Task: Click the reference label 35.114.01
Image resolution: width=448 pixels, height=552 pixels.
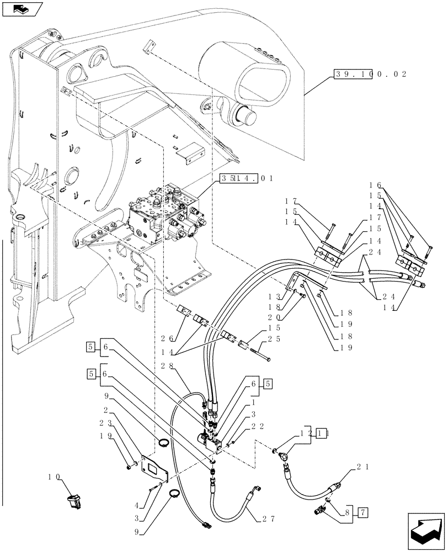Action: coord(246,178)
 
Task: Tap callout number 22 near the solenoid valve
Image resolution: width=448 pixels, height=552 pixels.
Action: coord(249,426)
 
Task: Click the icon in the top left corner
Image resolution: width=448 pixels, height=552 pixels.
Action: coord(22,8)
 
